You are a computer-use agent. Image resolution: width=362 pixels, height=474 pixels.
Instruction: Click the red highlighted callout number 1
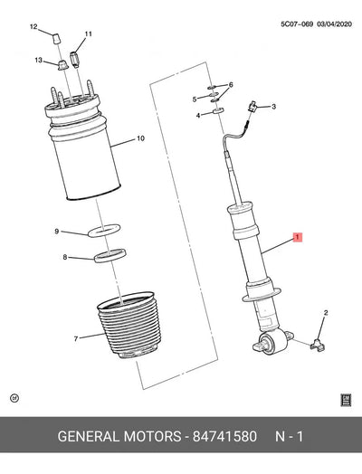coord(297,237)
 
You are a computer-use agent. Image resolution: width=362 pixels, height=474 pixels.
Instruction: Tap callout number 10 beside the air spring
coord(140,138)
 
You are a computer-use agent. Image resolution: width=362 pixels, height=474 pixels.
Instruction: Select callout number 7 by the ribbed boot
coord(76,339)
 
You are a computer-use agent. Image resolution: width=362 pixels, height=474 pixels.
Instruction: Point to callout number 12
coord(33,26)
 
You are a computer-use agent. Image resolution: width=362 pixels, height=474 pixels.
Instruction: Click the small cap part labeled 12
coord(56,39)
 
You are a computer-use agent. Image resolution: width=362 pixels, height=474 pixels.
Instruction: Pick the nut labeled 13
coord(62,65)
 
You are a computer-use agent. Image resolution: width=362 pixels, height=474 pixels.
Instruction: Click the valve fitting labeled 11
coord(74,58)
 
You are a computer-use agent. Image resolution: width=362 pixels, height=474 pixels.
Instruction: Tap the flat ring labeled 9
coord(104,231)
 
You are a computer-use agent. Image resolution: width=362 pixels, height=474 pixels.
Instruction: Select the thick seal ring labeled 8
coord(110,256)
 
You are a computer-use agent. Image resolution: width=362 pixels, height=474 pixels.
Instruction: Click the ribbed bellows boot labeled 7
coord(129,326)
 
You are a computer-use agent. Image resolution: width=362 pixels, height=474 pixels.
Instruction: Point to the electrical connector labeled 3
coord(252,106)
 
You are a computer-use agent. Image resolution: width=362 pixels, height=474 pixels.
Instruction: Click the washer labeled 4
coord(218,110)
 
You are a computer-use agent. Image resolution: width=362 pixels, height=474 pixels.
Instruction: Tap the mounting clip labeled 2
coord(318,345)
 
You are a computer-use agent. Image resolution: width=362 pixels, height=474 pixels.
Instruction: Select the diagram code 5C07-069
coord(297,24)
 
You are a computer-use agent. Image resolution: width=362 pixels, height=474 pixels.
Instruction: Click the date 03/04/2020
coord(334,24)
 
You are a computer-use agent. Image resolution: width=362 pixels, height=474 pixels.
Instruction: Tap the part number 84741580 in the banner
coord(224,437)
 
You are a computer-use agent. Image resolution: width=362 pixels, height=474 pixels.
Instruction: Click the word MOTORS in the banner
coord(152,437)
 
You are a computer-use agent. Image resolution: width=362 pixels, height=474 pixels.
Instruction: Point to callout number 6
coord(231,85)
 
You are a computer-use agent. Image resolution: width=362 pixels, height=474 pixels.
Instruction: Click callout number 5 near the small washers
coord(195,100)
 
